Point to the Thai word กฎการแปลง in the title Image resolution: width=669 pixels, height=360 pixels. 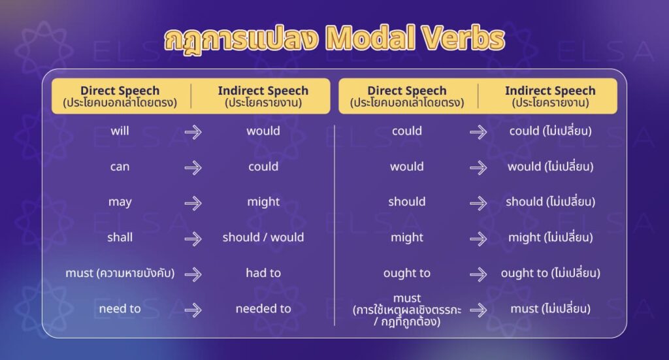(x=242, y=39)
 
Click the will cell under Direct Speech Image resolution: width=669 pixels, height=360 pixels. (x=120, y=131)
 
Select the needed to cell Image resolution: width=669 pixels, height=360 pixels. (x=263, y=308)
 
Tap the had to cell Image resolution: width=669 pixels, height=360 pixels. (x=263, y=273)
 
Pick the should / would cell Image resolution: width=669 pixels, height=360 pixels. (x=263, y=237)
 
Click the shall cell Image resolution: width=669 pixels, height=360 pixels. (x=120, y=237)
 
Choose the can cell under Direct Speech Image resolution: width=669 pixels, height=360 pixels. (x=120, y=167)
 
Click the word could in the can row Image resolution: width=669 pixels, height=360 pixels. (x=263, y=167)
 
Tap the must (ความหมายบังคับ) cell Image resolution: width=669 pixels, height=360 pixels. (x=120, y=273)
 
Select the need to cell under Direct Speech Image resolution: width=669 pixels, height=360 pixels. (x=120, y=308)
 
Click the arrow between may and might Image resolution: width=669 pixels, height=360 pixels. (x=193, y=203)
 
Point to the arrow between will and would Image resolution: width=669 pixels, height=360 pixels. (x=193, y=131)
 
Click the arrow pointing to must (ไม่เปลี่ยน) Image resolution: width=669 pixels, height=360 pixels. (x=478, y=310)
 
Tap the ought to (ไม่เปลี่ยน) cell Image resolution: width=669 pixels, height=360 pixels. (x=550, y=273)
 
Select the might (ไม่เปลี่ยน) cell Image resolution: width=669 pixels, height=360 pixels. (x=550, y=238)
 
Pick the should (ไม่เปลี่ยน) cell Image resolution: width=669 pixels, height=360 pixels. (x=550, y=202)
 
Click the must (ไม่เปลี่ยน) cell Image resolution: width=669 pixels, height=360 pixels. (x=550, y=308)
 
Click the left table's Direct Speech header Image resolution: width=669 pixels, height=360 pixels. (x=120, y=96)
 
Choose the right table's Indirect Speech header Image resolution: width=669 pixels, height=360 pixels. (x=550, y=96)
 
